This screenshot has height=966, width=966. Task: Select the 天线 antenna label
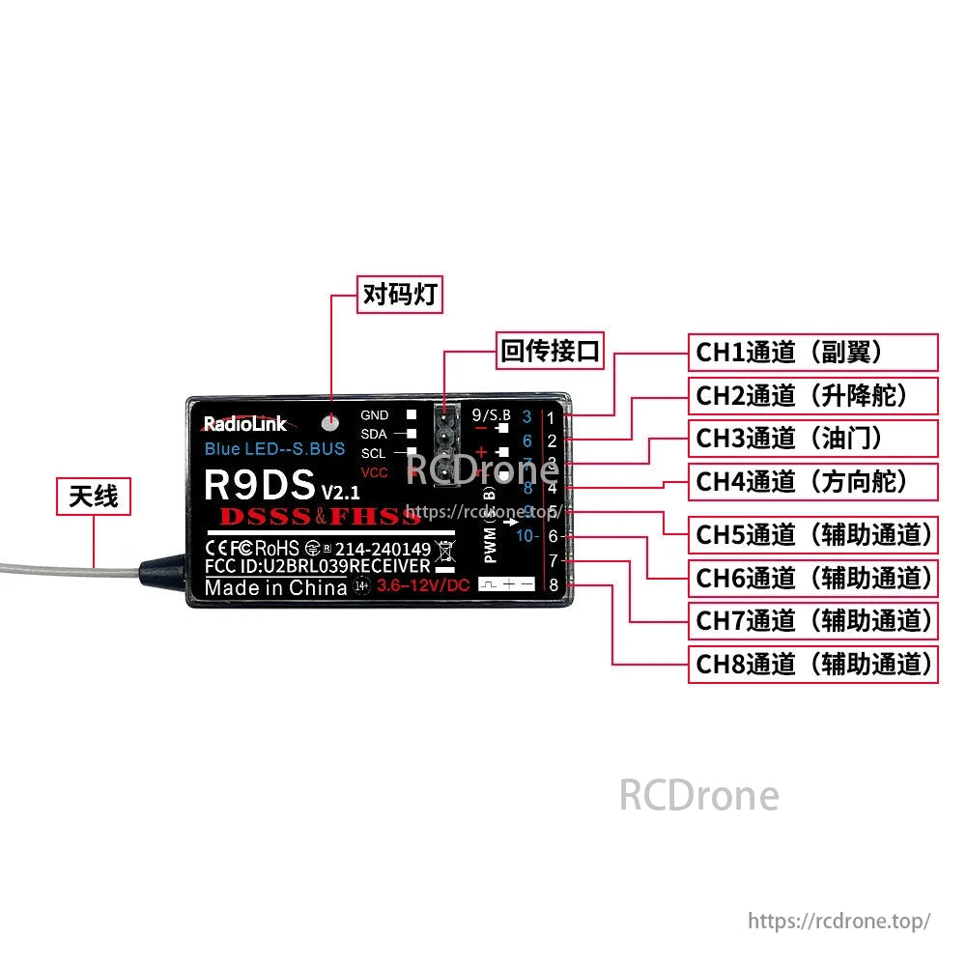[x=94, y=497]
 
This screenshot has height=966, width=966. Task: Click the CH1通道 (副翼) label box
[x=812, y=353]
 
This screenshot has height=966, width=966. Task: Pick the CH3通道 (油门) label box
[x=812, y=439]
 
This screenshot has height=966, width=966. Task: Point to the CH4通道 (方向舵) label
[x=812, y=481]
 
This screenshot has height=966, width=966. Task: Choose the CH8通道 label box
[x=812, y=664]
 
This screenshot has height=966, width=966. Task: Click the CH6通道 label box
[x=812, y=578]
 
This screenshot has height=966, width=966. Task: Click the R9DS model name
[x=260, y=484]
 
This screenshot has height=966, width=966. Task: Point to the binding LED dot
[x=331, y=421]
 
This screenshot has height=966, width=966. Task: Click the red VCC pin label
[x=374, y=472]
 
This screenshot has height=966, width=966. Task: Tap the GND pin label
[x=375, y=415]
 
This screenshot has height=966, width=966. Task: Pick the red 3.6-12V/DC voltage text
[x=423, y=585]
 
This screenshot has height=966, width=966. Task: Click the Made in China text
[x=275, y=587]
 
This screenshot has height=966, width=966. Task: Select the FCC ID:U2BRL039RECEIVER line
[x=318, y=566]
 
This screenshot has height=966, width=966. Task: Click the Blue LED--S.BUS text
[x=274, y=449]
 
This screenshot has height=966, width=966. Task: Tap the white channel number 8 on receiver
[x=554, y=584]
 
